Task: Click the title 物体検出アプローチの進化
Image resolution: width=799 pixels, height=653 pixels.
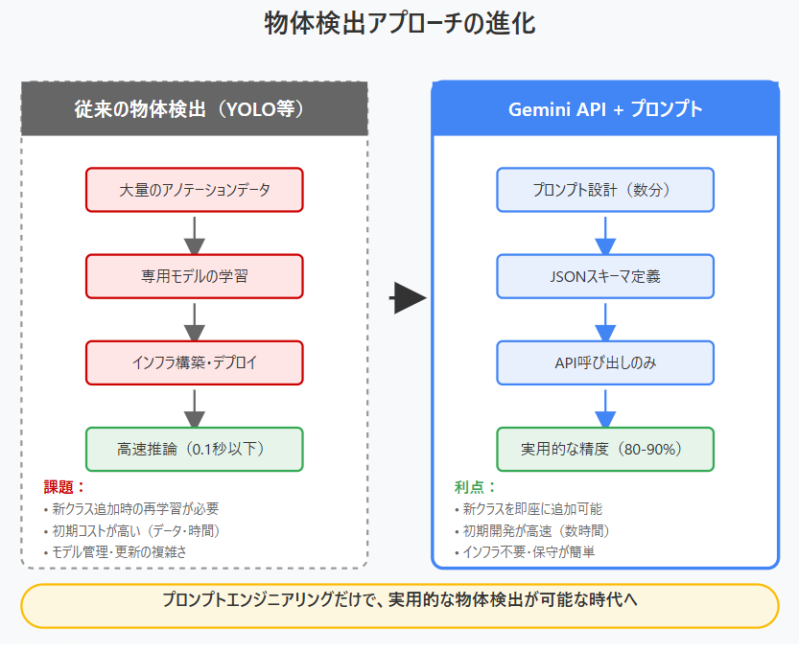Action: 399,24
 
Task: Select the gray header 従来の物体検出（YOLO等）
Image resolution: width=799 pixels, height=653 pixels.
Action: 195,109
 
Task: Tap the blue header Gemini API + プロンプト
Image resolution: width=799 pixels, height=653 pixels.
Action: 604,109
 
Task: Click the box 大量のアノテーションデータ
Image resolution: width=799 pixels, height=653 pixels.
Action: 195,190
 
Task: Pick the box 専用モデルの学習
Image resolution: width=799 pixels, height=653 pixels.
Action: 195,276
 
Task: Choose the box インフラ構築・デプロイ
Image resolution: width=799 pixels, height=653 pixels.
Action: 195,362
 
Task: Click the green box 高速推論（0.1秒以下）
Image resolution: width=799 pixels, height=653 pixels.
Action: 195,449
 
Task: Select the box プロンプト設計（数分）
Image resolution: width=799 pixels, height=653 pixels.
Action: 604,190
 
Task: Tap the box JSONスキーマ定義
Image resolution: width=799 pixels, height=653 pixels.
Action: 604,276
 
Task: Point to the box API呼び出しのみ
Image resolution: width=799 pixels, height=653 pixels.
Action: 604,362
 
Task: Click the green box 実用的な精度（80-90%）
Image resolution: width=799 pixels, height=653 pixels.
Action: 604,449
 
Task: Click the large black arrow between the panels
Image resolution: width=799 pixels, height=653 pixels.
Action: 408,299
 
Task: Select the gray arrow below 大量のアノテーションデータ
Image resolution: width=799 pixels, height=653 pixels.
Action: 195,233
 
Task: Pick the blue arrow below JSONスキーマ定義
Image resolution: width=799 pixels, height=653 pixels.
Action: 604,319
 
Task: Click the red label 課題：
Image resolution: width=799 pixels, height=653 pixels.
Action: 65,487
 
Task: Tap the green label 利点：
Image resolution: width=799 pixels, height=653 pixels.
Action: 476,487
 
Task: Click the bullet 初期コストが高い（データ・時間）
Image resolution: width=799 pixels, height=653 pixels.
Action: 139,530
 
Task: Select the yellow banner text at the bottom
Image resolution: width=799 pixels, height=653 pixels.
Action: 399,601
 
